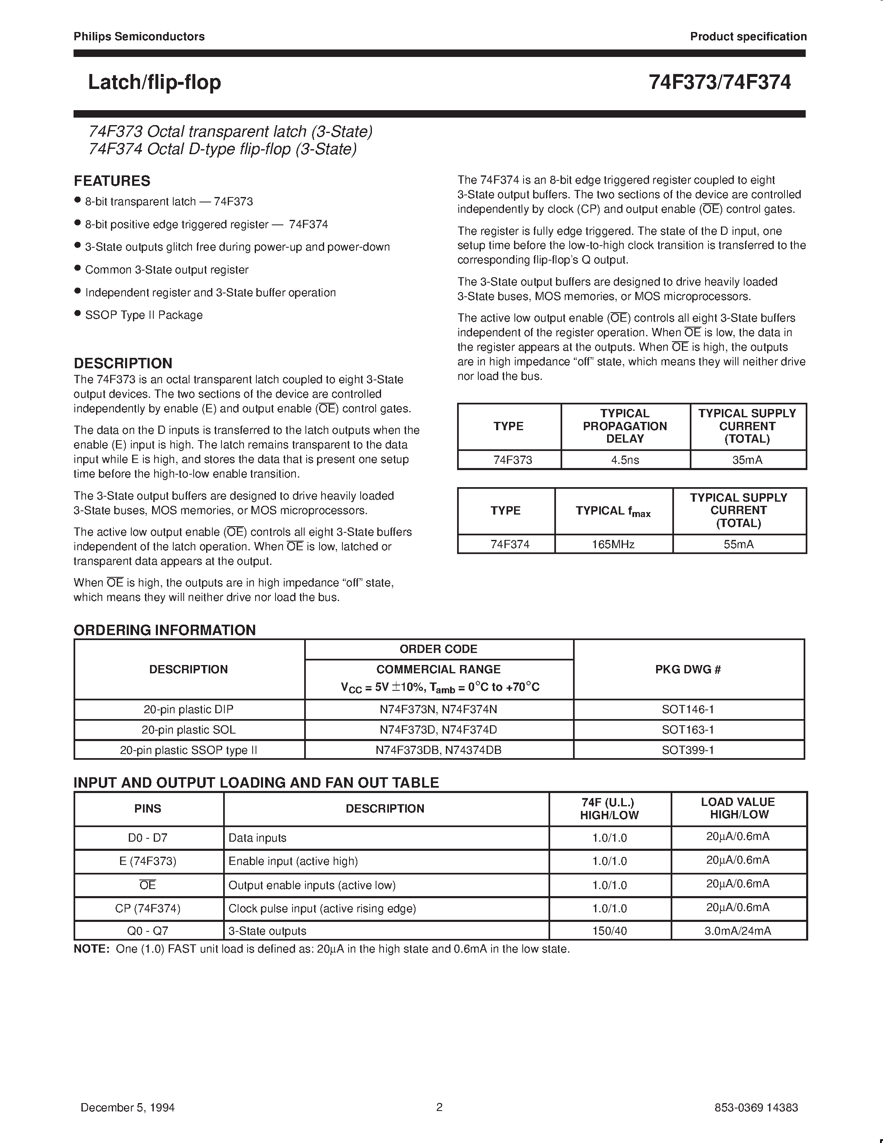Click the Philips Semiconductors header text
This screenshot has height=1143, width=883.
[139, 37]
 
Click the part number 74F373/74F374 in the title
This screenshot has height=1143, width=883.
[719, 83]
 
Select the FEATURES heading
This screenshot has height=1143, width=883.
[112, 181]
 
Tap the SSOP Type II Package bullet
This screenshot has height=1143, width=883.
[143, 315]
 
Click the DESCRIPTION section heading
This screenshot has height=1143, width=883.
[123, 363]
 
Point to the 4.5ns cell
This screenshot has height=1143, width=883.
[625, 460]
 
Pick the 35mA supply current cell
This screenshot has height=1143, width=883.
[747, 460]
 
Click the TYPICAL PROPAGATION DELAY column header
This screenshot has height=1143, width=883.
[625, 426]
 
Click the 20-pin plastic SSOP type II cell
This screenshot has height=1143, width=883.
[188, 750]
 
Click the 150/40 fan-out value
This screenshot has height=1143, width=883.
[610, 931]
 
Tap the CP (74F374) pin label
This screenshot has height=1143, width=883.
[148, 909]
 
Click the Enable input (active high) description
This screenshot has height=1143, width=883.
[293, 862]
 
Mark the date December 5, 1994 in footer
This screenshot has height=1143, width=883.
[128, 1107]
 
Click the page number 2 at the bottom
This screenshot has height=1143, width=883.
[439, 1107]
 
